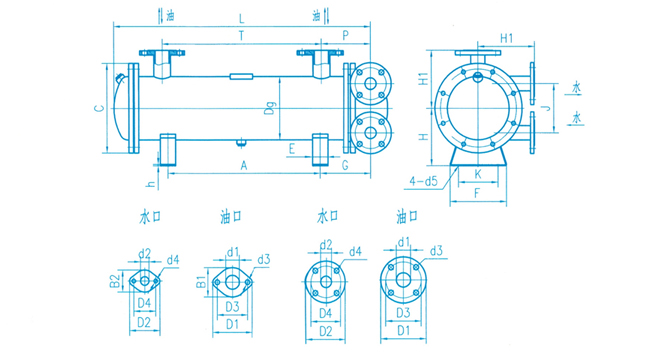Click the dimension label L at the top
click(x=242, y=18)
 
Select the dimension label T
click(x=242, y=36)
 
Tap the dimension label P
click(x=345, y=36)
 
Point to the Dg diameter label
click(x=271, y=109)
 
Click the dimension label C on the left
click(x=99, y=109)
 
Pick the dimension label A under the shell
click(x=244, y=165)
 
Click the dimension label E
click(x=291, y=148)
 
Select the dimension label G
click(x=345, y=165)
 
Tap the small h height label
click(x=152, y=184)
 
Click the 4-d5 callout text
click(x=423, y=181)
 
